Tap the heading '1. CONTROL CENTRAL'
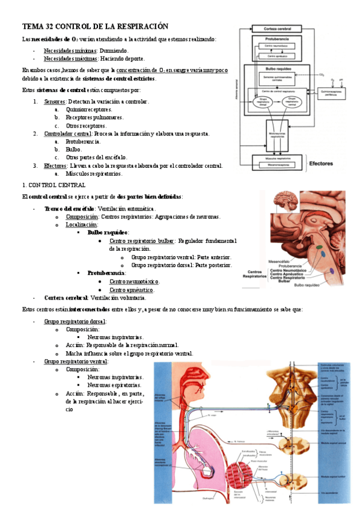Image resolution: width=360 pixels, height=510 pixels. [x=53, y=185]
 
